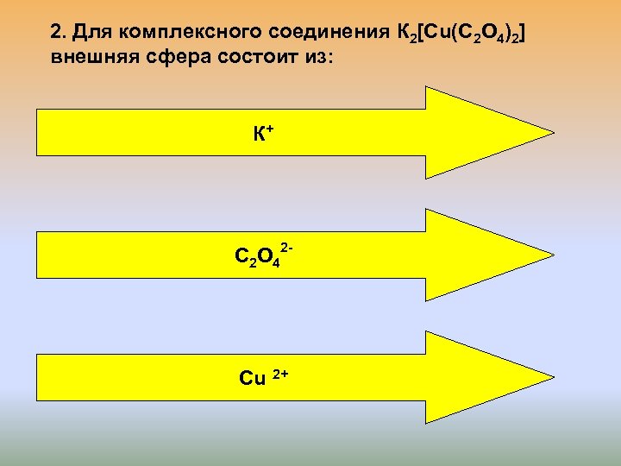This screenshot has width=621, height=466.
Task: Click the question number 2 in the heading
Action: tap(57, 33)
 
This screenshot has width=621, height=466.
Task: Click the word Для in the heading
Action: tap(88, 33)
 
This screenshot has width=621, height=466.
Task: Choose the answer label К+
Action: tap(263, 134)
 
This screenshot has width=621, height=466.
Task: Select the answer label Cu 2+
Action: tap(262, 378)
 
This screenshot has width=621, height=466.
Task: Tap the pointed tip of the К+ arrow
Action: tap(550, 134)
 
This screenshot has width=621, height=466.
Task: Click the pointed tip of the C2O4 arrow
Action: tap(550, 255)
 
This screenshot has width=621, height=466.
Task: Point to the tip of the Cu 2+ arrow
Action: tap(550, 378)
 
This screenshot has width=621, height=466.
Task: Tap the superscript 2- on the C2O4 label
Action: tap(288, 249)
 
